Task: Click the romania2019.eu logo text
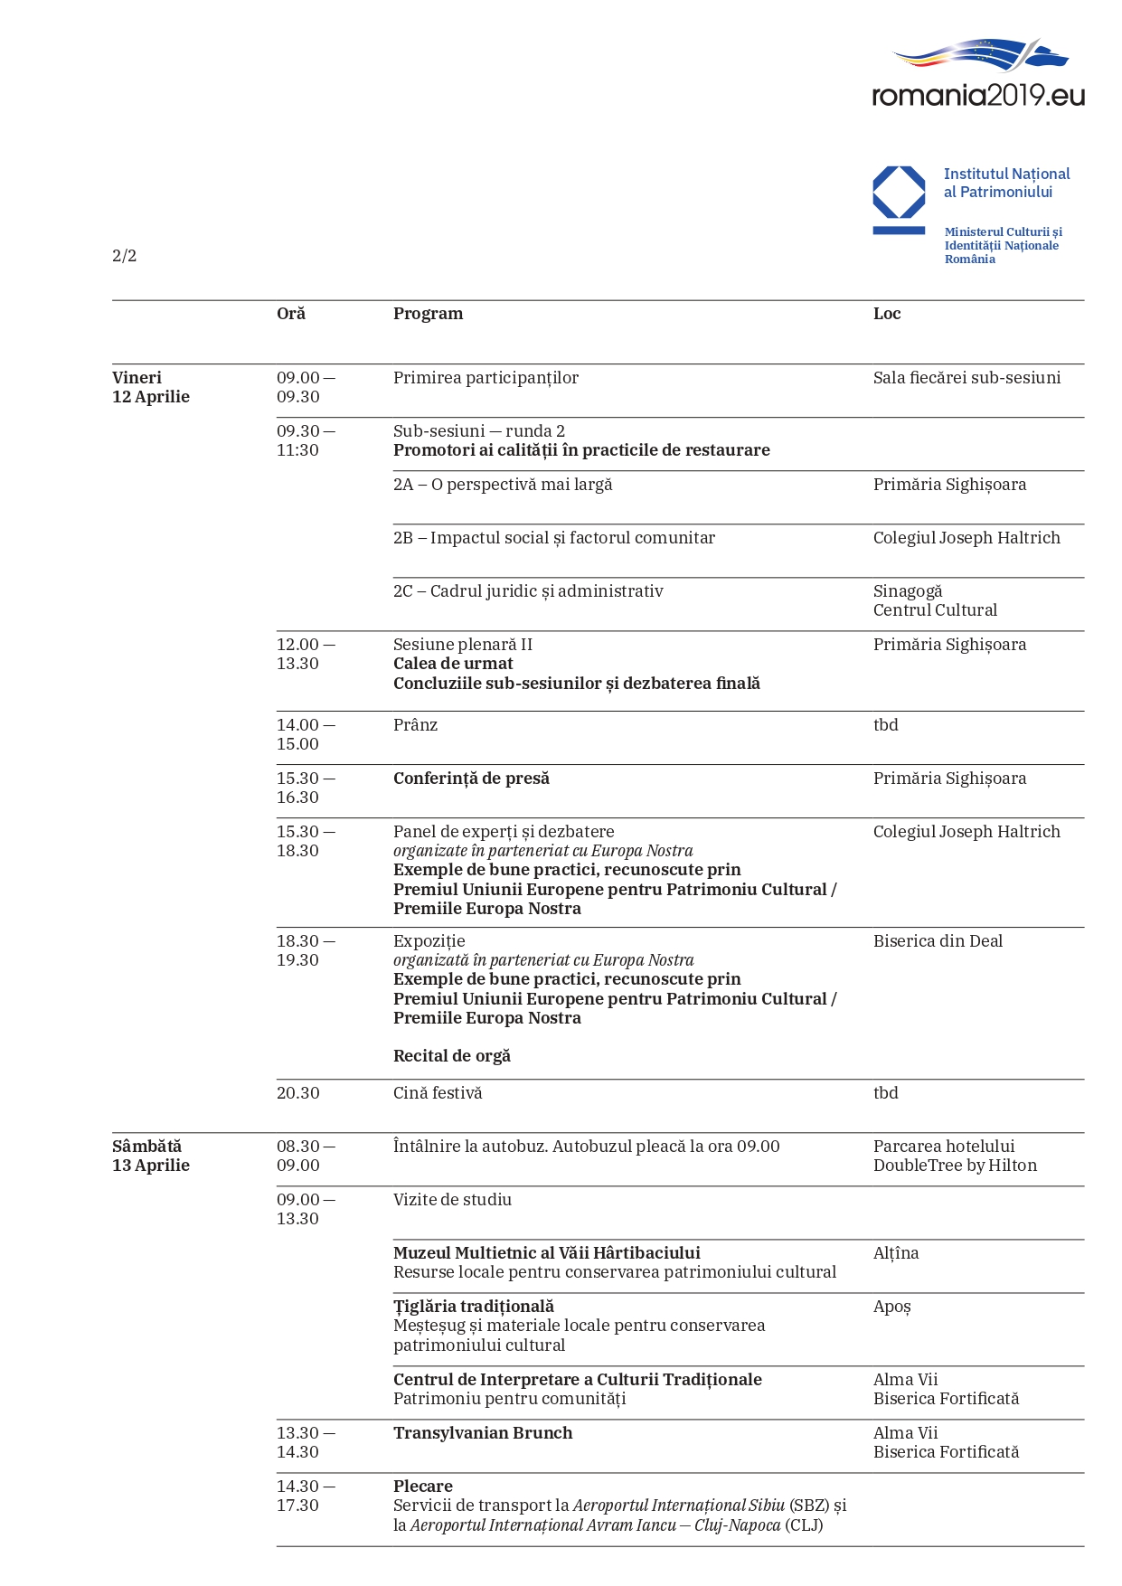point(977,95)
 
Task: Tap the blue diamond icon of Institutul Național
point(899,193)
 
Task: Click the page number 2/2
point(125,256)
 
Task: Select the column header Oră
point(291,314)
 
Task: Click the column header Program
point(428,314)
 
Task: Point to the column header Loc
point(887,314)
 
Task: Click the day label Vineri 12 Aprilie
point(150,387)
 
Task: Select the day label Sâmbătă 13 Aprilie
point(150,1156)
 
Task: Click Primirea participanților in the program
point(486,378)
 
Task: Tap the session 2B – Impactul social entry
point(553,538)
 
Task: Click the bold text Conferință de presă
point(471,779)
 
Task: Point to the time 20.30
point(298,1093)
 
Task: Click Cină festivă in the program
point(438,1093)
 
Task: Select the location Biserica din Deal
point(938,941)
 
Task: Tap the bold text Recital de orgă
point(452,1056)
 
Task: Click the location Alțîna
point(896,1253)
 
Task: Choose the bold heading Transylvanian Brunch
point(483,1433)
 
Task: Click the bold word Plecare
point(423,1487)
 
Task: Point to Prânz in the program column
point(415,725)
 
